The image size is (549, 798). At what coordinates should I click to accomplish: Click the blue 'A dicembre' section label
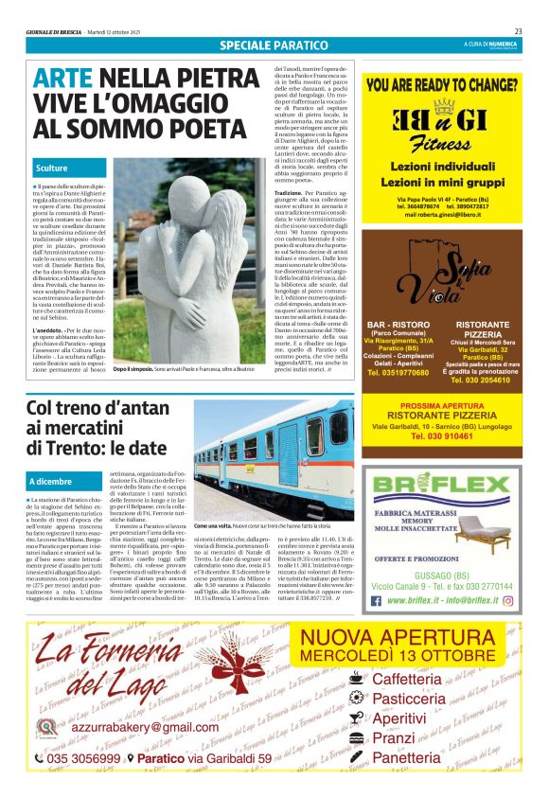click(x=56, y=482)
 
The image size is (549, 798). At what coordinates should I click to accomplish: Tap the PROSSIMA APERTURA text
click(x=443, y=404)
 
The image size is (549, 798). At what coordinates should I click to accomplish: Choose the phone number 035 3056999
click(x=83, y=758)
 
